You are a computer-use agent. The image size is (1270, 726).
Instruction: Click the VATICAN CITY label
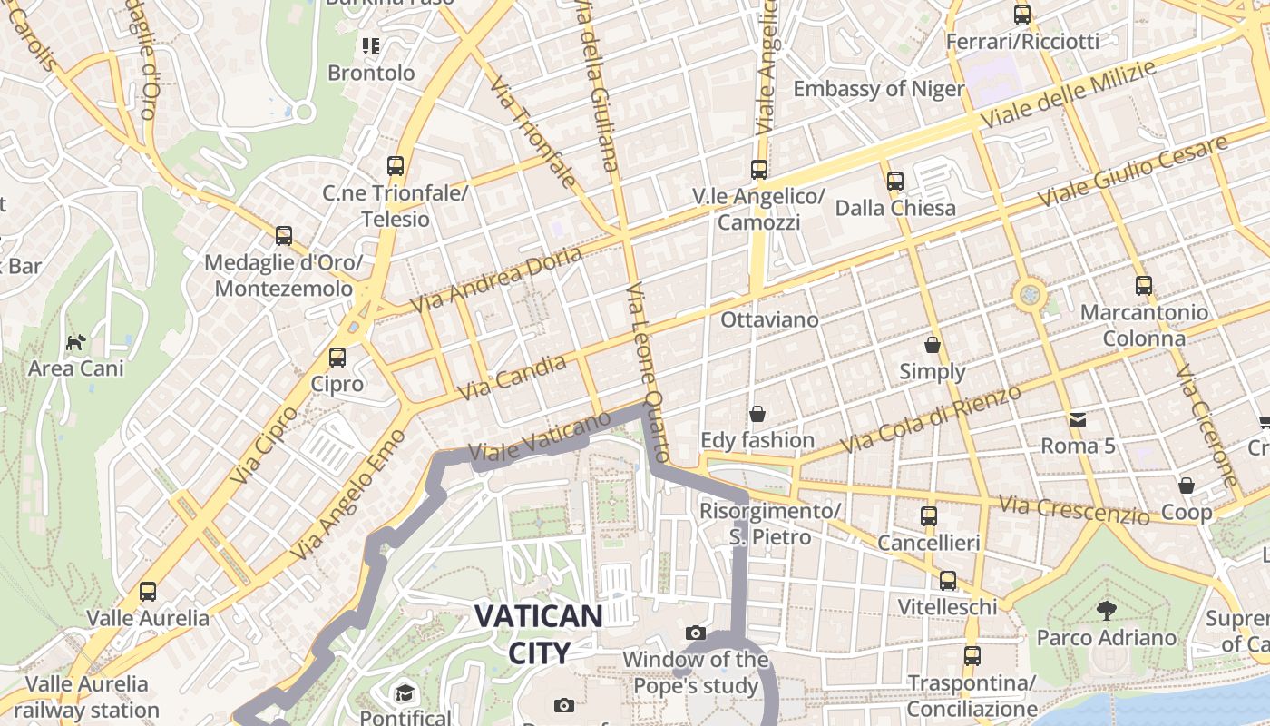pos(538,633)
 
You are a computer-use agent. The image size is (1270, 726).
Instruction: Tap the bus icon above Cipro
pos(337,358)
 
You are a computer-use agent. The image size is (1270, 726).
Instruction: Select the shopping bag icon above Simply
pos(933,345)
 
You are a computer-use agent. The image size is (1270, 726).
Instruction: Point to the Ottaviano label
pos(769,319)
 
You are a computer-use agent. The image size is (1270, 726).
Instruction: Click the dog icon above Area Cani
pos(76,342)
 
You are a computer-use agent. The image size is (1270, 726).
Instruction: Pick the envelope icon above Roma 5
pos(1078,419)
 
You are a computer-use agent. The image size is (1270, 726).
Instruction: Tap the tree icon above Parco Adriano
pos(1106,610)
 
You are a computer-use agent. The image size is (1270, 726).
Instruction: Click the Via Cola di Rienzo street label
pos(931,419)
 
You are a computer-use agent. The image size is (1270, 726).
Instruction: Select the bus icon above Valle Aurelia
pos(148,592)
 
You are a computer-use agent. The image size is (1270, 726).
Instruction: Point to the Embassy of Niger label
pos(879,89)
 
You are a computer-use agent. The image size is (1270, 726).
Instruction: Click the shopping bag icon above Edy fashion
pos(757,414)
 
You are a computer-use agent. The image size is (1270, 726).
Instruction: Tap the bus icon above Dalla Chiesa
pos(895,181)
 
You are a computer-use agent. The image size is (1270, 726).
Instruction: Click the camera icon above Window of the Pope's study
pos(696,633)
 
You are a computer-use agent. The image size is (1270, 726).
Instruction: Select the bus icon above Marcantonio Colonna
pos(1144,286)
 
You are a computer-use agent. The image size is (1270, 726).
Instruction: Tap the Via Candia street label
pos(513,378)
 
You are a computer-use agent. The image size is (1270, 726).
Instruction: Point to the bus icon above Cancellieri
pos(929,516)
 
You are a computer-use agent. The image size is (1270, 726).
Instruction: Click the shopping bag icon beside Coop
pos(1187,486)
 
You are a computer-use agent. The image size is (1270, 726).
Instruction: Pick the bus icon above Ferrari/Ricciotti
pos(1022,15)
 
